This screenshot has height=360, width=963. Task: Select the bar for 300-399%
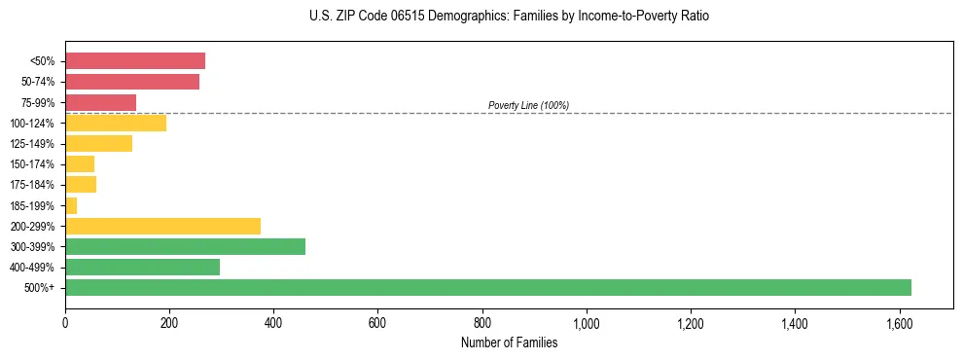pyautogui.click(x=185, y=246)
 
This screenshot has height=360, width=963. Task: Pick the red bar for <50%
pyautogui.click(x=135, y=61)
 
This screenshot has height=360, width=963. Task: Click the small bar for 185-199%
pyautogui.click(x=71, y=205)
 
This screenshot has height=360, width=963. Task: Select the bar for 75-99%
pyautogui.click(x=100, y=102)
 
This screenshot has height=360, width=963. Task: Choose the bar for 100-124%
pyautogui.click(x=116, y=123)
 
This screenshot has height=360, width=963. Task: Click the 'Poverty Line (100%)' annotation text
pyautogui.click(x=528, y=105)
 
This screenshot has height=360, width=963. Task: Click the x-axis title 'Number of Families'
pyautogui.click(x=509, y=342)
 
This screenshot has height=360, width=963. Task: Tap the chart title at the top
pyautogui.click(x=509, y=17)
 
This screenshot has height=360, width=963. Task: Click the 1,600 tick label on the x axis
pyautogui.click(x=899, y=322)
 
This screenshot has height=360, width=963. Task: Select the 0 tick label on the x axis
pyautogui.click(x=65, y=322)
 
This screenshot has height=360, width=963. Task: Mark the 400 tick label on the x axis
pyautogui.click(x=273, y=322)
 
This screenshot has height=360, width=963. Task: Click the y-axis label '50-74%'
pyautogui.click(x=37, y=82)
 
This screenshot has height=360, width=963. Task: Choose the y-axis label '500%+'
pyautogui.click(x=40, y=288)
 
